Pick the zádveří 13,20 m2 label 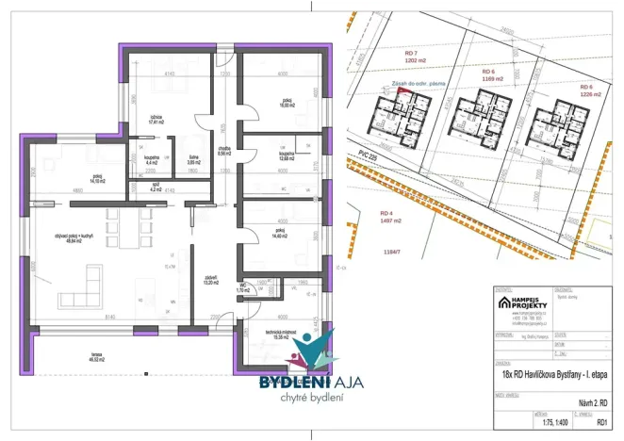click(x=211, y=279)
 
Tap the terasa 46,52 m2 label click(x=97, y=359)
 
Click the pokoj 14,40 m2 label click(x=280, y=233)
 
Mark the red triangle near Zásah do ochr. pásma click(x=402, y=92)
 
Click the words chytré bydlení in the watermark click(x=297, y=400)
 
